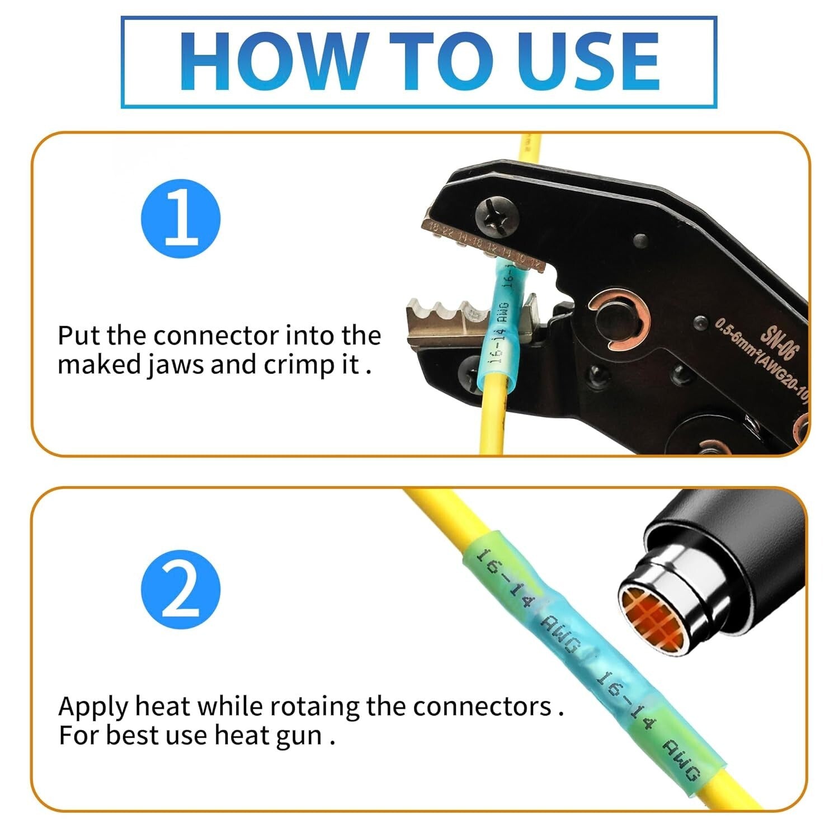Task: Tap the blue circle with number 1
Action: coord(181,218)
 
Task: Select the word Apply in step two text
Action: coord(93,706)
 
